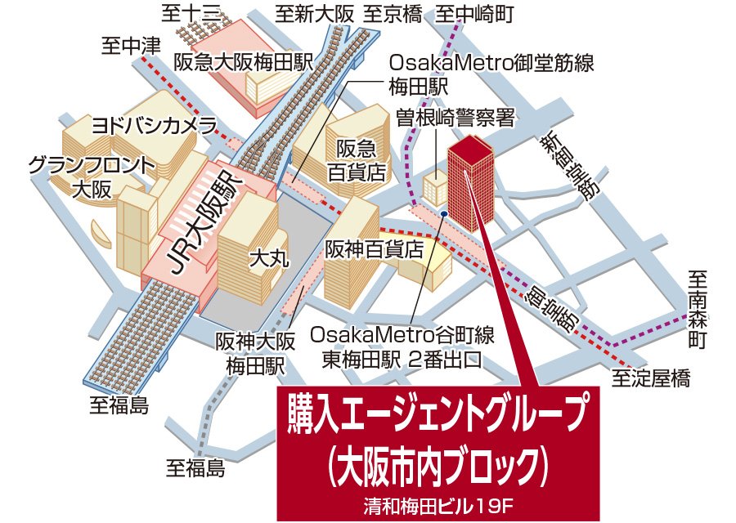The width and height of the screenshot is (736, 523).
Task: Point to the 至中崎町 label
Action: (x=474, y=13)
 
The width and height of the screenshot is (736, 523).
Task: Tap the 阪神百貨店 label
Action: (x=374, y=248)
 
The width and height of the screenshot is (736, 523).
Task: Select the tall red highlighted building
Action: (x=470, y=180)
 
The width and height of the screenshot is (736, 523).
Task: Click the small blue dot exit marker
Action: (x=442, y=214)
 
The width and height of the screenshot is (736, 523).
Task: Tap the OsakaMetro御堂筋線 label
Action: (x=491, y=62)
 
